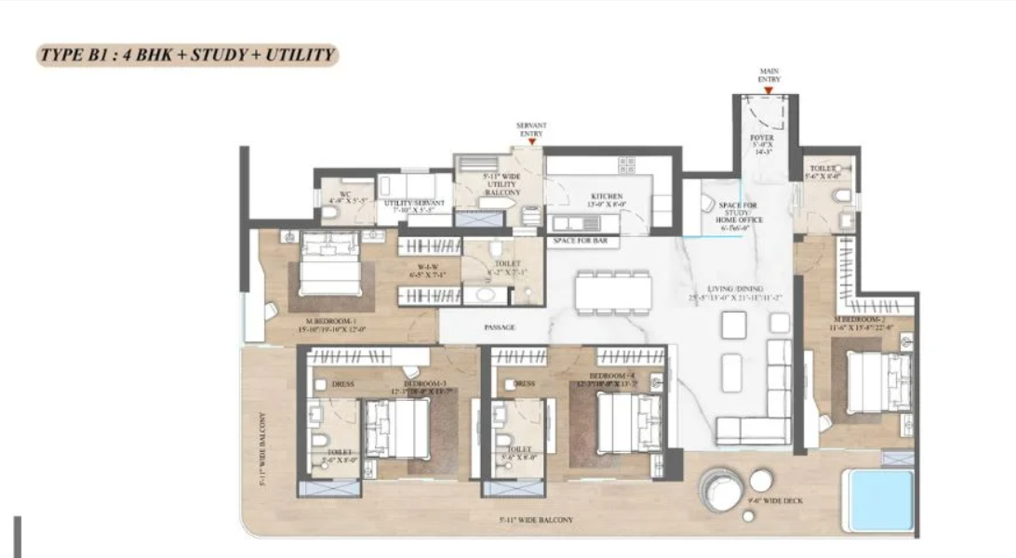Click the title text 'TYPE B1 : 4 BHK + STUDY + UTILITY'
(x=186, y=55)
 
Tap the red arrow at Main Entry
(x=769, y=91)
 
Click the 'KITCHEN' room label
(x=606, y=197)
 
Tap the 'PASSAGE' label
(x=500, y=328)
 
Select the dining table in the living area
(x=612, y=292)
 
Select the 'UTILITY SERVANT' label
(x=415, y=203)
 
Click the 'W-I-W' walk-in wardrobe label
(x=428, y=270)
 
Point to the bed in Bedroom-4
(x=629, y=420)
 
